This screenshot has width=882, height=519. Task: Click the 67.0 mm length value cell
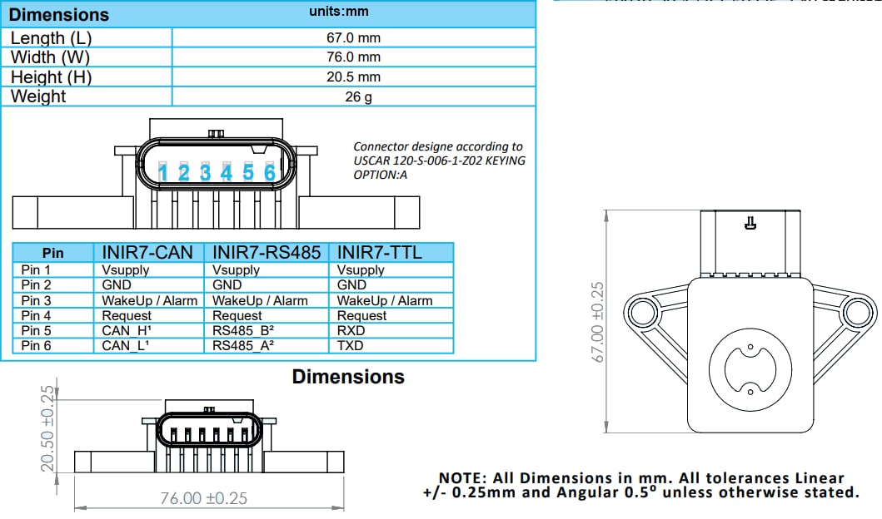click(x=353, y=37)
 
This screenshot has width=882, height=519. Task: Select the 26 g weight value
click(x=353, y=96)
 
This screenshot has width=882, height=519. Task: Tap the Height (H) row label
click(x=51, y=77)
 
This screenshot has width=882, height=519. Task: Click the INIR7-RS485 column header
click(x=267, y=252)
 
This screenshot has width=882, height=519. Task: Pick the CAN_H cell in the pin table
click(x=124, y=330)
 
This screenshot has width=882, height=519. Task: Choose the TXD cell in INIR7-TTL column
click(x=351, y=345)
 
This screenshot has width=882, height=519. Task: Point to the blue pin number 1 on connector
click(x=163, y=173)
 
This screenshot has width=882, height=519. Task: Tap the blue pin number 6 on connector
click(x=269, y=172)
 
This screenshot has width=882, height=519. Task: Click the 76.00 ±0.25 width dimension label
click(x=203, y=498)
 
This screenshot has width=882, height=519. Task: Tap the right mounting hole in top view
click(x=855, y=313)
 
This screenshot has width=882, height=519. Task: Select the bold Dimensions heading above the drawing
click(x=347, y=377)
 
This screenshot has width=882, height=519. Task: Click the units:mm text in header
click(x=337, y=12)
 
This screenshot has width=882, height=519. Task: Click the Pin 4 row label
click(x=36, y=315)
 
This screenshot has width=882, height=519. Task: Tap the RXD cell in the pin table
click(x=351, y=330)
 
